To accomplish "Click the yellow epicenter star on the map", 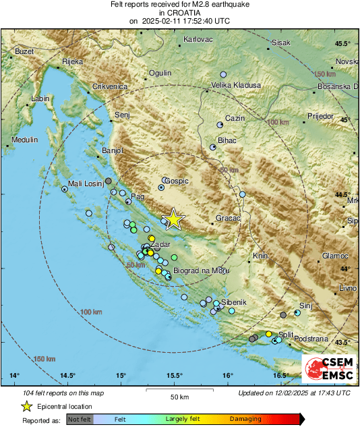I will [174, 219].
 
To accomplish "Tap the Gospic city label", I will [177, 181].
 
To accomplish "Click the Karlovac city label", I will [198, 40].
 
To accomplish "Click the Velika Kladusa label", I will [236, 86].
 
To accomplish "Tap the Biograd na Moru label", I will [202, 271].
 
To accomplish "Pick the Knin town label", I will [260, 256].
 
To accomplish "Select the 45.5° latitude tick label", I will [344, 44].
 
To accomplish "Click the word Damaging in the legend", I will [245, 419].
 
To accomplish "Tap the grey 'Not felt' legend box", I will [80, 420].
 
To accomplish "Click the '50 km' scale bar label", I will [179, 397].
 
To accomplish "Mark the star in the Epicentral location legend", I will [26, 406].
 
